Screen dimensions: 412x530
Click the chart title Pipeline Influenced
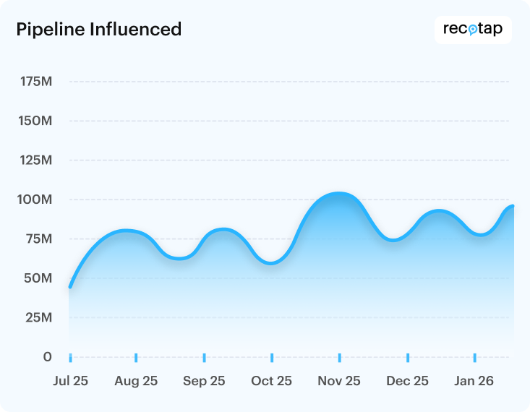[98, 30]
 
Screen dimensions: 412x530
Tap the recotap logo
[473, 30]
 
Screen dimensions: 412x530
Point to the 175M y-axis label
[35, 82]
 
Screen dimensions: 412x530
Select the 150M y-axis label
[35, 121]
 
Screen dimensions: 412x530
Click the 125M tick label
[35, 160]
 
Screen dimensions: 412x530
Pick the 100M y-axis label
[35, 199]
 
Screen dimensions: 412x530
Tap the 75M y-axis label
[38, 239]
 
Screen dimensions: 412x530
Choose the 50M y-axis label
[38, 278]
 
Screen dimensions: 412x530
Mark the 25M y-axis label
[38, 317]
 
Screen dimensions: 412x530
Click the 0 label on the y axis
[47, 357]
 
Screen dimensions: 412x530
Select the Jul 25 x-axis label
[70, 382]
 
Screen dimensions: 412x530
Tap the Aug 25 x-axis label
[136, 382]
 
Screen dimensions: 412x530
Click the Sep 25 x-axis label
[204, 382]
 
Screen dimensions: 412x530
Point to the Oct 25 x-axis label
[271, 382]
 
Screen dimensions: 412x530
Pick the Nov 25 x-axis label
[339, 382]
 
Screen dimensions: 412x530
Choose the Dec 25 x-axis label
[407, 382]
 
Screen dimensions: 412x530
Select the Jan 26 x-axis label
[474, 382]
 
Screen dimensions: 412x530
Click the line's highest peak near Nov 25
[337, 194]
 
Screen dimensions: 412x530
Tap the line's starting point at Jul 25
[70, 287]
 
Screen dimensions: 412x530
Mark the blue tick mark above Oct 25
[272, 358]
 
